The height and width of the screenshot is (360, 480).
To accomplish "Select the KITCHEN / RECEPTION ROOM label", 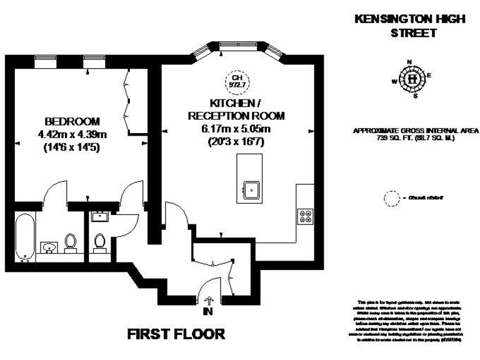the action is pos(236,109).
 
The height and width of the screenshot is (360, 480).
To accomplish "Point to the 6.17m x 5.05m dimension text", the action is pos(236,129).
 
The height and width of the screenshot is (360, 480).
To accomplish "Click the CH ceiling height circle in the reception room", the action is pos(236,79).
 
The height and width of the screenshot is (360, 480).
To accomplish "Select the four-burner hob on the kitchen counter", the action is pos(306,216).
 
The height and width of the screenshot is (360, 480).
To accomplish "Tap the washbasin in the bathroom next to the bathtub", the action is pos(48,246).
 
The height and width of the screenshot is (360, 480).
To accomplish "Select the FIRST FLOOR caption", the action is pos(176,334).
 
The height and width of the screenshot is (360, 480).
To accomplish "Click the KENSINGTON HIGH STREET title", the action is pos(409,26).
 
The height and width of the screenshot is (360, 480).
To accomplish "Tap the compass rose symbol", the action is pos(412,79).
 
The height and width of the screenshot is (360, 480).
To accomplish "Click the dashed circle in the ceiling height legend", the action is pos(391,199).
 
